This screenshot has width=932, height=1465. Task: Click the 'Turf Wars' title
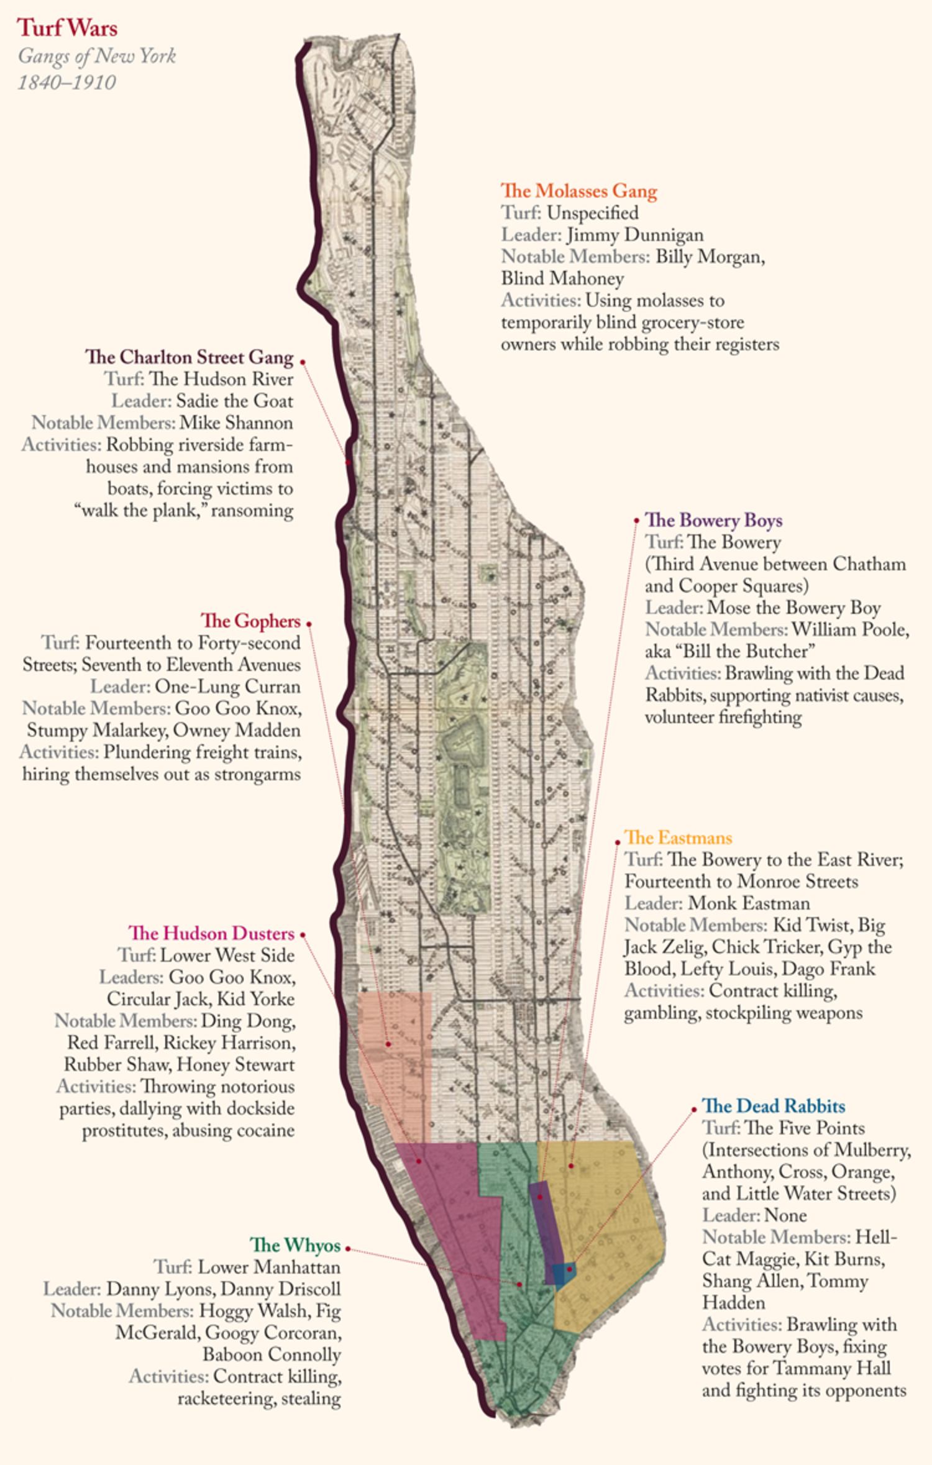coord(67,28)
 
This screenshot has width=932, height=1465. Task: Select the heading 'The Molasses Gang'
coord(578,191)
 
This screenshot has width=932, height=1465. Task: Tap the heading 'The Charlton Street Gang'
coord(189,357)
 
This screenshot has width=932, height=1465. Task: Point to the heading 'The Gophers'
coord(250,621)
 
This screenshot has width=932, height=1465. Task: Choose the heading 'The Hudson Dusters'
coord(211,933)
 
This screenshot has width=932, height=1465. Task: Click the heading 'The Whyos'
coord(295,1245)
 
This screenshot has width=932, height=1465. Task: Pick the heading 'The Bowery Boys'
coord(713,520)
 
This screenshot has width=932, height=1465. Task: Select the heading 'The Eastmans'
coord(678,837)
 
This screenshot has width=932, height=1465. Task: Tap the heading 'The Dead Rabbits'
coord(774,1106)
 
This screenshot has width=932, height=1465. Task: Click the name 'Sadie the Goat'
coord(234,401)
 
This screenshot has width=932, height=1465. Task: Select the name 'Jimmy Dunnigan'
coord(634,235)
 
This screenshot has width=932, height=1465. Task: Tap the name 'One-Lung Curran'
coord(227,687)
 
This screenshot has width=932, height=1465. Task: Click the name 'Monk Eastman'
coord(749,903)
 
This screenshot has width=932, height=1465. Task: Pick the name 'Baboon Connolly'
coord(272,1354)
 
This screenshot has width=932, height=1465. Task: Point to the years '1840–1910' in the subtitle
coord(67,82)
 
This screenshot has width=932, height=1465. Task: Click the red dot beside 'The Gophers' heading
coord(309,624)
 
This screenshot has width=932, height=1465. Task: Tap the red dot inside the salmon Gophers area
coord(388,1044)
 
